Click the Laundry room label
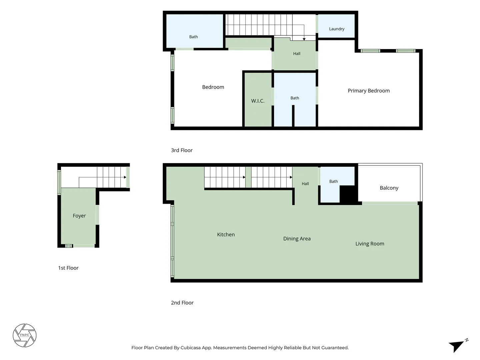(337, 29)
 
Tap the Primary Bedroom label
(369, 91)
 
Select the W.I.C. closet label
(258, 101)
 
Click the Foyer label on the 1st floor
(79, 216)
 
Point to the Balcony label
(389, 188)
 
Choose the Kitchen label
(226, 235)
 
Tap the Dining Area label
(297, 239)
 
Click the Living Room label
(370, 244)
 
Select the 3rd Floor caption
(182, 150)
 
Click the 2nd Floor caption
(182, 303)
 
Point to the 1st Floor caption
(68, 268)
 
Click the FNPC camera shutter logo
(24, 335)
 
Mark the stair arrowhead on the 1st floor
(125, 177)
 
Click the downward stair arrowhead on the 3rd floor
(304, 39)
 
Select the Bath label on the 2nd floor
(333, 181)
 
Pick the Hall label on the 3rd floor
(297, 54)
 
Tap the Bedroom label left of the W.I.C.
(213, 87)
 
